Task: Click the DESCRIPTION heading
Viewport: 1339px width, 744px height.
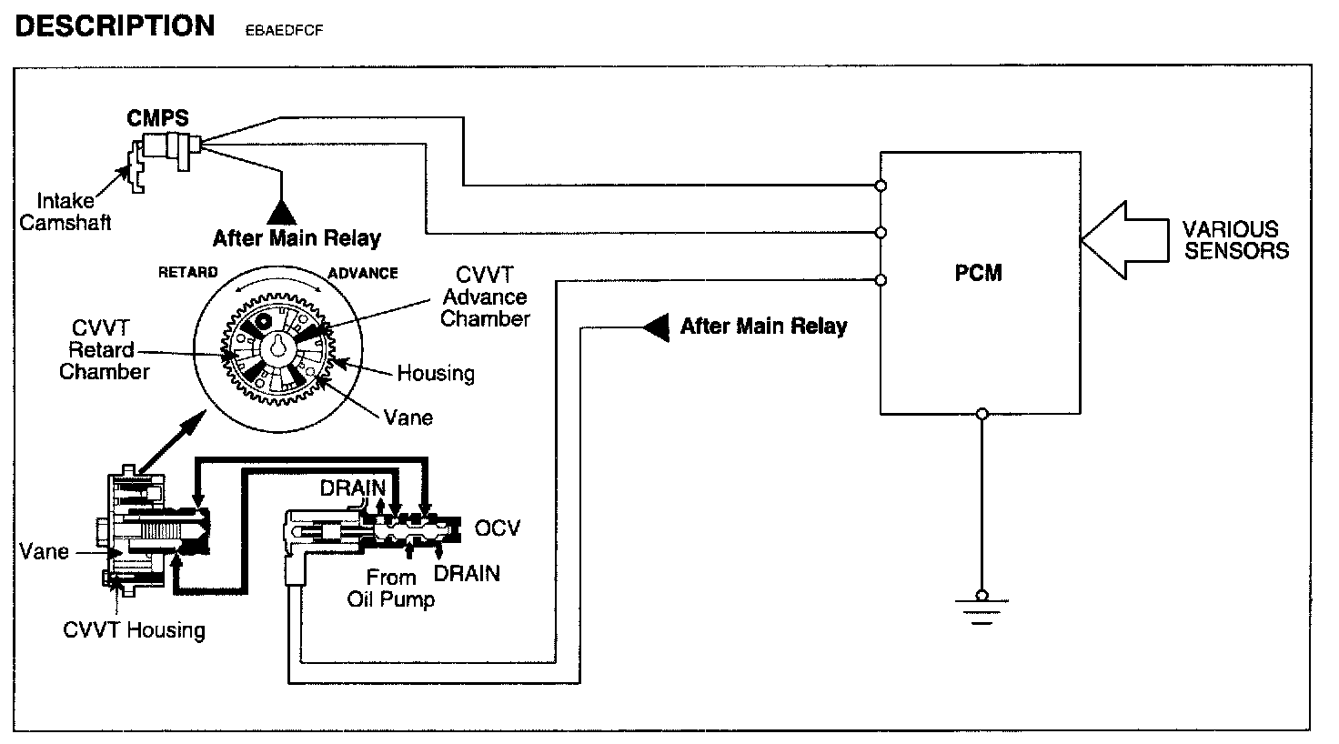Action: tap(115, 25)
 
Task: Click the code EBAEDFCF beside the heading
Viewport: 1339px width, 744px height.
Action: tap(285, 30)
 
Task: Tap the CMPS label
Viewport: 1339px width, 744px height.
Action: tap(158, 117)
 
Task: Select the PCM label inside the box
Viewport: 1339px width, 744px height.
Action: tap(980, 272)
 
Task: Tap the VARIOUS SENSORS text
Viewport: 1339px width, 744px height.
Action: tap(1236, 240)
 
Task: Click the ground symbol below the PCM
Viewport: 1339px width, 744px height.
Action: tap(981, 607)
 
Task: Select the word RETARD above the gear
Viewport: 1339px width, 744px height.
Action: tap(188, 272)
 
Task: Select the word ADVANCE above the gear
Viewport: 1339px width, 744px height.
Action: tap(363, 272)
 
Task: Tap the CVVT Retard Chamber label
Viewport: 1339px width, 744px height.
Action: tap(105, 349)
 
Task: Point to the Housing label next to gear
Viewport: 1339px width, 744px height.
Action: tap(436, 373)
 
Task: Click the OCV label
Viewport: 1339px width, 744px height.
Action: tap(498, 528)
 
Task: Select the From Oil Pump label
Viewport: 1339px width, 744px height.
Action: tap(391, 588)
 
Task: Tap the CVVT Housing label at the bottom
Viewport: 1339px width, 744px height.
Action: tap(134, 629)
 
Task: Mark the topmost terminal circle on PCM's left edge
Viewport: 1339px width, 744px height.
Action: tap(881, 186)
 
